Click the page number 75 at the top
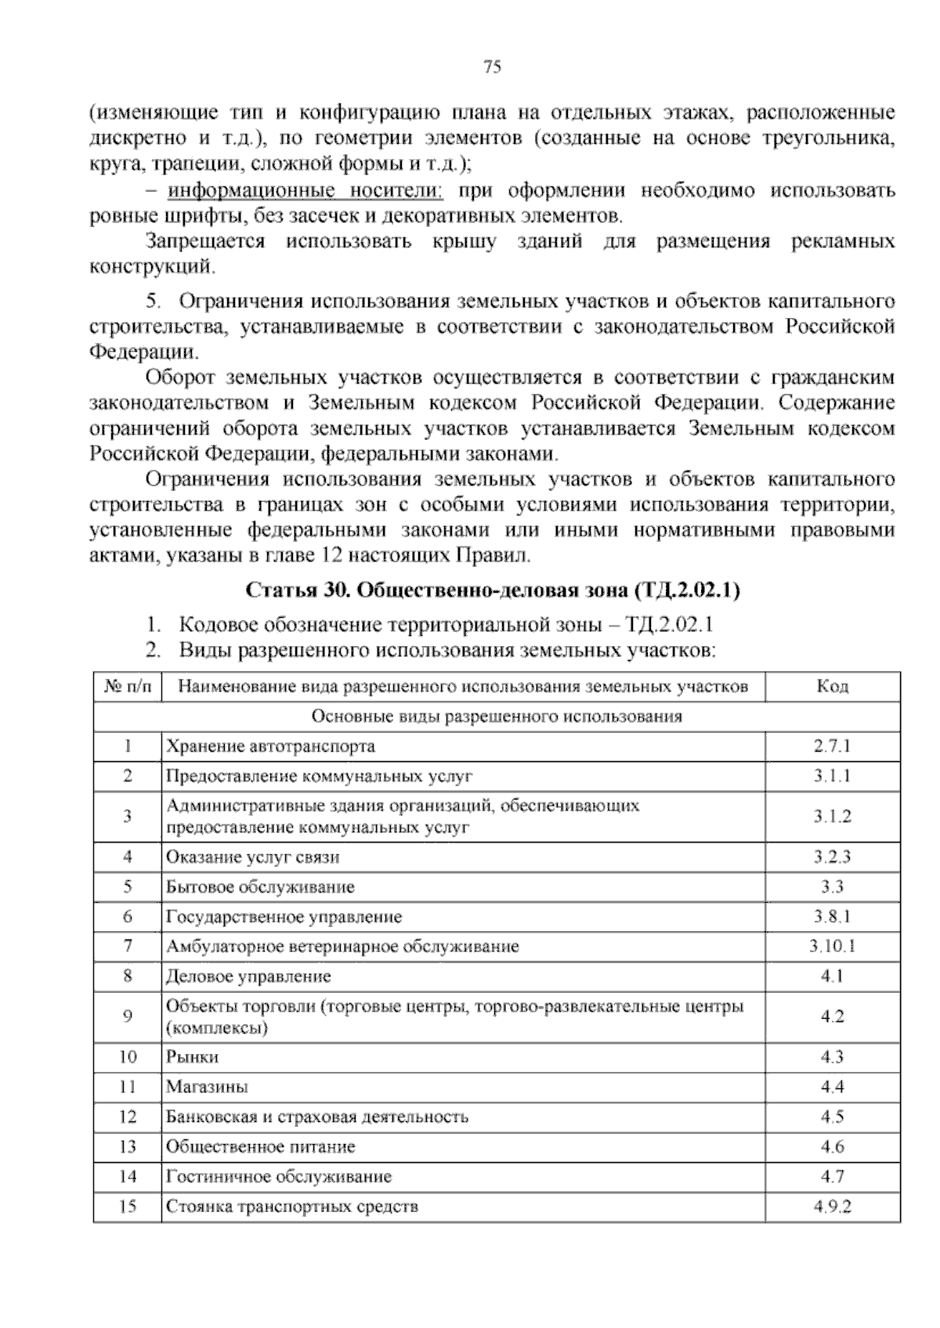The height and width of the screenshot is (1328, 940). (x=492, y=67)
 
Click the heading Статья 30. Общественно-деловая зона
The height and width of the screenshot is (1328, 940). (x=493, y=590)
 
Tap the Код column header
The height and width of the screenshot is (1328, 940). (x=832, y=687)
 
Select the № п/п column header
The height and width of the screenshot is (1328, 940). (x=127, y=687)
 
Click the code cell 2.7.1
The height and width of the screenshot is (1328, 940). (x=832, y=746)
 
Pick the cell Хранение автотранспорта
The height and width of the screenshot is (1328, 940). (x=270, y=746)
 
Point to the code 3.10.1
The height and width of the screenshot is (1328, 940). (x=832, y=946)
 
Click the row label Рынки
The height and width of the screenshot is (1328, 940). (x=192, y=1057)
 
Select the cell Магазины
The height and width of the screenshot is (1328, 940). (x=207, y=1087)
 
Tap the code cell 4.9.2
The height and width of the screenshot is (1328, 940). (x=832, y=1207)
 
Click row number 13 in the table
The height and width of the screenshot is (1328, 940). (x=127, y=1147)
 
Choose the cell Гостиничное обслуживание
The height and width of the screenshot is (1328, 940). (x=278, y=1177)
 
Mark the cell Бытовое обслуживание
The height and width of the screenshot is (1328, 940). (x=260, y=887)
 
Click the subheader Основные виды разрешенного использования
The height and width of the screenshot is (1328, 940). (x=497, y=716)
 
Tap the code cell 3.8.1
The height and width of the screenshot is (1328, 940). (x=832, y=916)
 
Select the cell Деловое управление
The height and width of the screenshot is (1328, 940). (x=248, y=976)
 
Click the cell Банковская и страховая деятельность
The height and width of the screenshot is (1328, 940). (x=317, y=1117)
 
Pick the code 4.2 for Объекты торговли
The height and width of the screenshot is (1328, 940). (x=832, y=1016)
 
